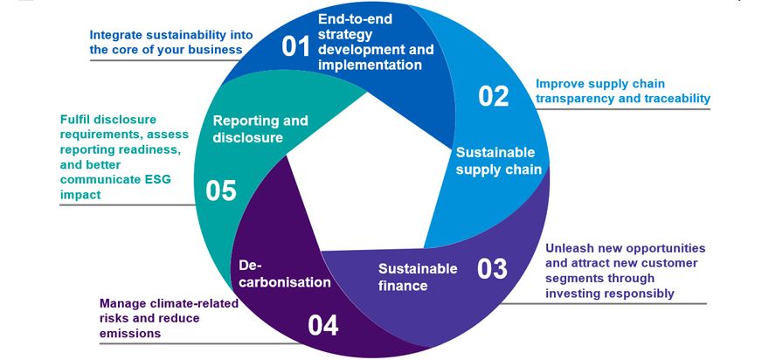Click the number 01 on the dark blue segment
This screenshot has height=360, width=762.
297,45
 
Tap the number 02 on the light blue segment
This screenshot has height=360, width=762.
494,95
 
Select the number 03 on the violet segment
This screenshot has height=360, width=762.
492,268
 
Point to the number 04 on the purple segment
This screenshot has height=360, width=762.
322,325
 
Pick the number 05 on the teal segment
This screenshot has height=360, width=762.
221,190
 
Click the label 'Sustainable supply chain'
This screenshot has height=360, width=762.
499,160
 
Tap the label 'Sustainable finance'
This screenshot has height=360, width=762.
417,276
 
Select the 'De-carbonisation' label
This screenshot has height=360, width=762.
273,273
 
